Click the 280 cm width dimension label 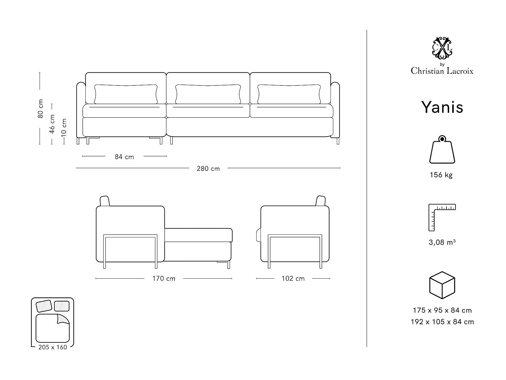click(x=208, y=168)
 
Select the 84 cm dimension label click(x=124, y=157)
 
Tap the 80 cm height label click(x=41, y=108)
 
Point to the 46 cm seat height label click(x=52, y=124)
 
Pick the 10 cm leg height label click(x=64, y=127)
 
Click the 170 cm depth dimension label click(x=164, y=279)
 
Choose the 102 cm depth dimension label click(x=293, y=279)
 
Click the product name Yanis click(x=442, y=107)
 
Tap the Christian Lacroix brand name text click(x=442, y=71)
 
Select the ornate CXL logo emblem click(x=442, y=48)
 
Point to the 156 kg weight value click(x=441, y=175)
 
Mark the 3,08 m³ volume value click(x=442, y=242)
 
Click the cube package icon click(x=442, y=285)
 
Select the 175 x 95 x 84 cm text click(x=442, y=310)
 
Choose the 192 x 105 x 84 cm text click(x=442, y=322)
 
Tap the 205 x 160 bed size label click(x=53, y=347)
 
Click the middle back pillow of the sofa click(x=208, y=94)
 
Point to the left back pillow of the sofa click(x=126, y=94)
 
